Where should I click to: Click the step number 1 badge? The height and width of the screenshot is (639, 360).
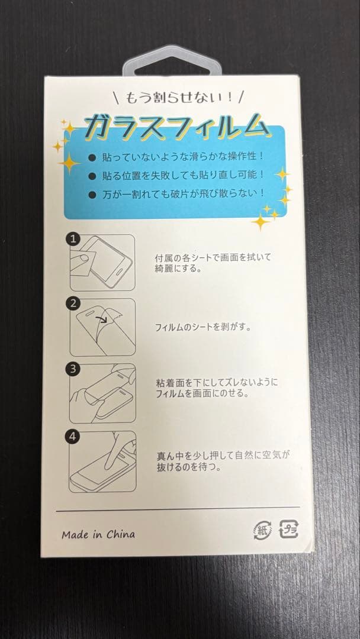tap(73, 239)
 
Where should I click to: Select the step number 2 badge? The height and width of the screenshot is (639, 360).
tap(73, 304)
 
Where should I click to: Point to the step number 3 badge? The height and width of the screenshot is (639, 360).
tap(73, 369)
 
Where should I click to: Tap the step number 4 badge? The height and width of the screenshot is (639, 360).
tap(73, 437)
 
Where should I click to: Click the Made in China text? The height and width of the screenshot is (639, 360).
tap(98, 534)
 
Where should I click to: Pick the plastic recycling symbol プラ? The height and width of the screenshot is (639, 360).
tap(288, 529)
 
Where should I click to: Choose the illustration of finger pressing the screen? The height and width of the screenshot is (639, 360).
tap(102, 461)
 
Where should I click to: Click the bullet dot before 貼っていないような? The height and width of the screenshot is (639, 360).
tap(91, 158)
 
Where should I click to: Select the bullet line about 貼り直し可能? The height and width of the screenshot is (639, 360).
tap(182, 176)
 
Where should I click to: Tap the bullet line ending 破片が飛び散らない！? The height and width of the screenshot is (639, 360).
tap(182, 193)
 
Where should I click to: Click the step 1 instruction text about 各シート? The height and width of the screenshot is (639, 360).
tap(213, 262)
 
